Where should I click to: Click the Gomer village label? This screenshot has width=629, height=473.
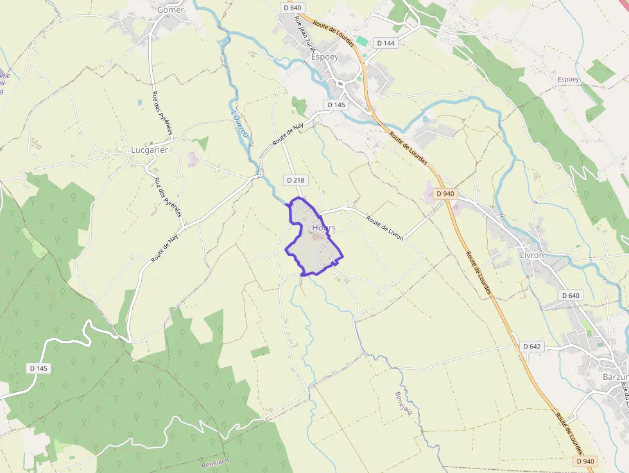(x=170, y=10)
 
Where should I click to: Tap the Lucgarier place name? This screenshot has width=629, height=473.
(x=149, y=150)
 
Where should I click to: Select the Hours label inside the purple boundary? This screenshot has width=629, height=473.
(x=323, y=228)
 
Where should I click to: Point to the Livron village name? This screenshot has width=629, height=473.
(x=531, y=255)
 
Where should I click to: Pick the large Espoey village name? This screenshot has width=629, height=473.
(x=324, y=56)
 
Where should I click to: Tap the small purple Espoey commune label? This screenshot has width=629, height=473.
(x=568, y=79)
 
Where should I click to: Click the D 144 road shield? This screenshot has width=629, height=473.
(x=386, y=43)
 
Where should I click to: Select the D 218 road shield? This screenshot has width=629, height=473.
(x=295, y=180)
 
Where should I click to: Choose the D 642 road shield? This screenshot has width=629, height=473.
(x=532, y=347)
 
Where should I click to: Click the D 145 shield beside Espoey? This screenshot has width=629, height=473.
(x=336, y=105)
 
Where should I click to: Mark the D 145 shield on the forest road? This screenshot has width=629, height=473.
(x=39, y=368)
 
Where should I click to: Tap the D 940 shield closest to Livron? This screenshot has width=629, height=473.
(x=445, y=193)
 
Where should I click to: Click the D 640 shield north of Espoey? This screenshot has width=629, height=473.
(x=291, y=8)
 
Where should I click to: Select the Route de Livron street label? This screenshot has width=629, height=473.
(x=384, y=228)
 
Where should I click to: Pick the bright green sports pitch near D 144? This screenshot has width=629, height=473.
(x=363, y=41)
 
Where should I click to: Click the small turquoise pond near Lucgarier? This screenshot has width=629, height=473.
(x=140, y=102)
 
